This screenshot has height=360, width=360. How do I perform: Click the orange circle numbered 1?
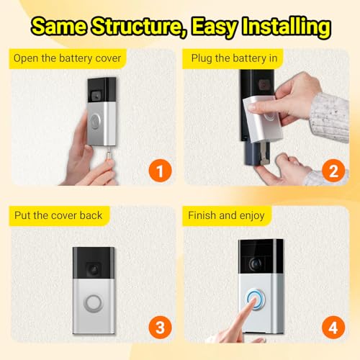(x=160, y=171)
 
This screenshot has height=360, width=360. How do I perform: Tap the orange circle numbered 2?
(x=333, y=171)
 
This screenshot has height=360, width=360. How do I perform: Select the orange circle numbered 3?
(x=160, y=328)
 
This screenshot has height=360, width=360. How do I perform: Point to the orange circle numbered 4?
(x=333, y=328)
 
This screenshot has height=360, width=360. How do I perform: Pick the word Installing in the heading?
(x=287, y=27)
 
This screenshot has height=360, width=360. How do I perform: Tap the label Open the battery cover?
(x=67, y=58)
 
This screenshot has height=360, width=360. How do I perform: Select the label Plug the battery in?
(x=234, y=58)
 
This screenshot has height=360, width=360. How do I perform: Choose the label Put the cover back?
(x=58, y=215)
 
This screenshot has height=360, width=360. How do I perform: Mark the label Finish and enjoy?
(x=226, y=215)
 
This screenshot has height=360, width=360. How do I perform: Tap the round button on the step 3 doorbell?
(x=93, y=303)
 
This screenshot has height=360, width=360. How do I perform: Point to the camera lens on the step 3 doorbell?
(x=94, y=270)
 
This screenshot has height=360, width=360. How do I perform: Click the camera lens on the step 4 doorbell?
(x=255, y=264)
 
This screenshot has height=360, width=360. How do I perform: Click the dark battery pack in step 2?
(x=253, y=153)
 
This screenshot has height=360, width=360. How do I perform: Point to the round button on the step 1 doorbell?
(x=95, y=122)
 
